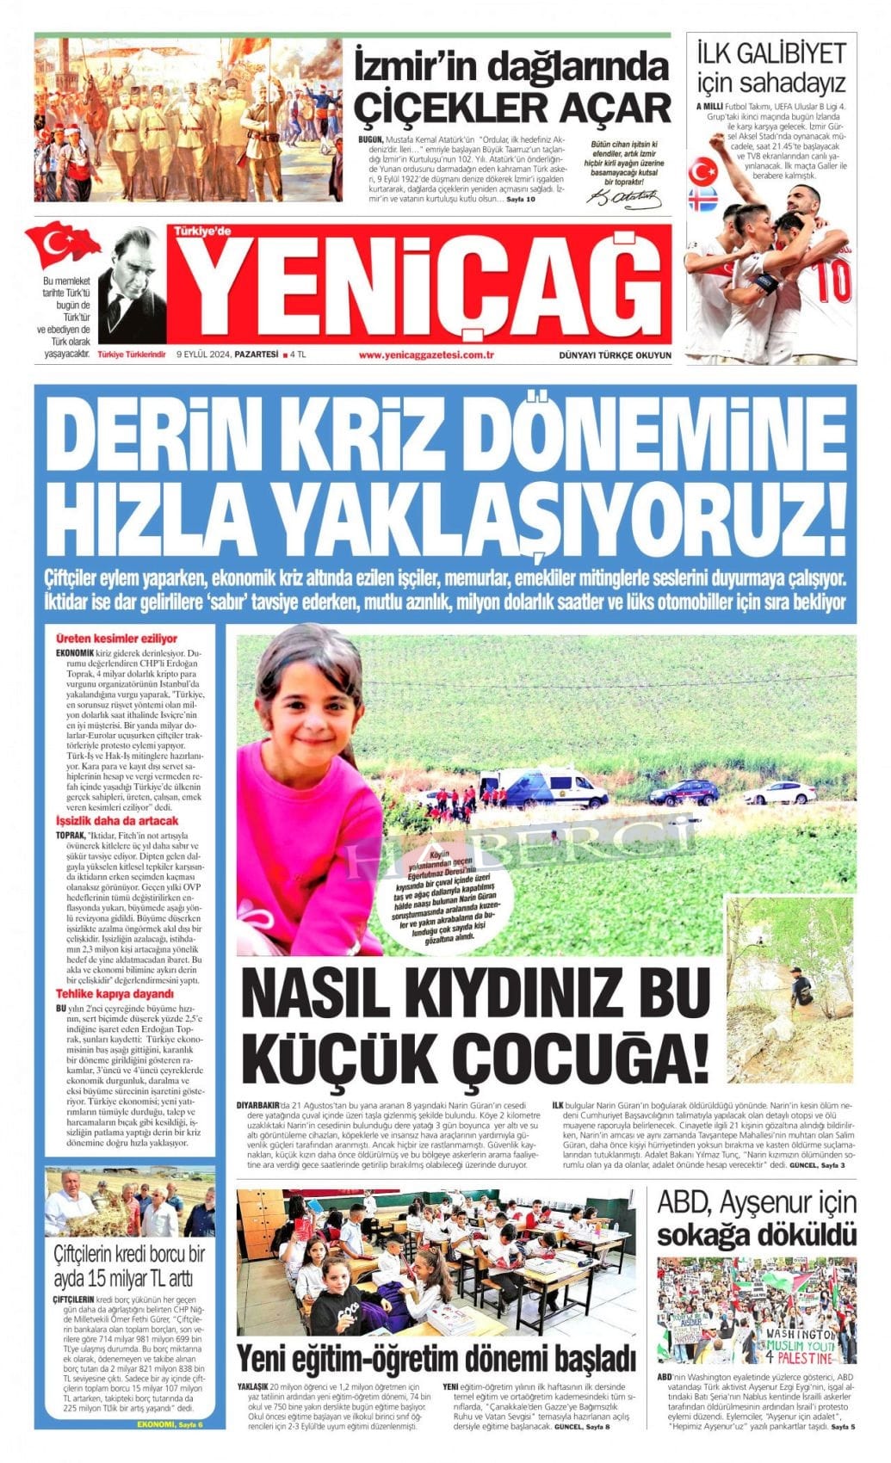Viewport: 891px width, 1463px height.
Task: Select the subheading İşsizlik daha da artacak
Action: pos(117,822)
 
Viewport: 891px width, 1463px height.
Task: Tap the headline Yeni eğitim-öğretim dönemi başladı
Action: pos(436,1357)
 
